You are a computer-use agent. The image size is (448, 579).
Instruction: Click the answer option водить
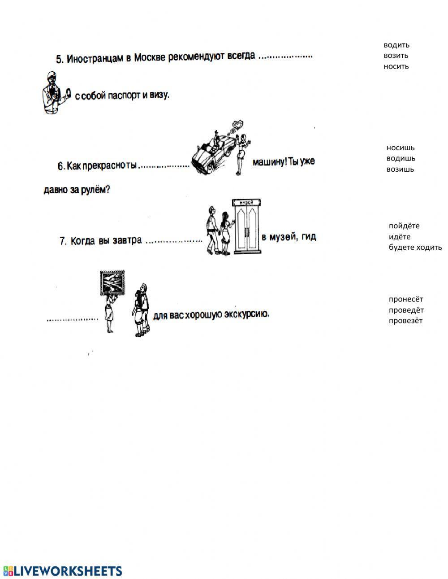pos(396,45)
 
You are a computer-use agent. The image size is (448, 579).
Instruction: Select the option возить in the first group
pos(396,56)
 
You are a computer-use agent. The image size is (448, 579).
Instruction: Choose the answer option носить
pos(396,66)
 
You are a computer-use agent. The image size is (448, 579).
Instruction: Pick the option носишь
pos(401,148)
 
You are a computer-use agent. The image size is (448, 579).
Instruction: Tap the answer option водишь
pos(401,158)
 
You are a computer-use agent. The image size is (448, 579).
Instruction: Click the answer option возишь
pos(401,169)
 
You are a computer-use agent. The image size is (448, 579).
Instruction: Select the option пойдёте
pos(404,226)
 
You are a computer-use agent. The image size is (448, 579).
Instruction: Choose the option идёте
pos(400,236)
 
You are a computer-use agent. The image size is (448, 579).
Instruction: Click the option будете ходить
pos(415,247)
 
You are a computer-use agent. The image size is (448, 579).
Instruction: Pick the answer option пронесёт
pos(406,299)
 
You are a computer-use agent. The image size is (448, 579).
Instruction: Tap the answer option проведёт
pos(406,310)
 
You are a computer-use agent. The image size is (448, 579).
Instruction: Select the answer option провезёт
pos(405,321)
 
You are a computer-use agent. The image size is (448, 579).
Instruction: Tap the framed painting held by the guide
pos(112,283)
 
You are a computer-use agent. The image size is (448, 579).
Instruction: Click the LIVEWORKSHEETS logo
pos(63,570)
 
